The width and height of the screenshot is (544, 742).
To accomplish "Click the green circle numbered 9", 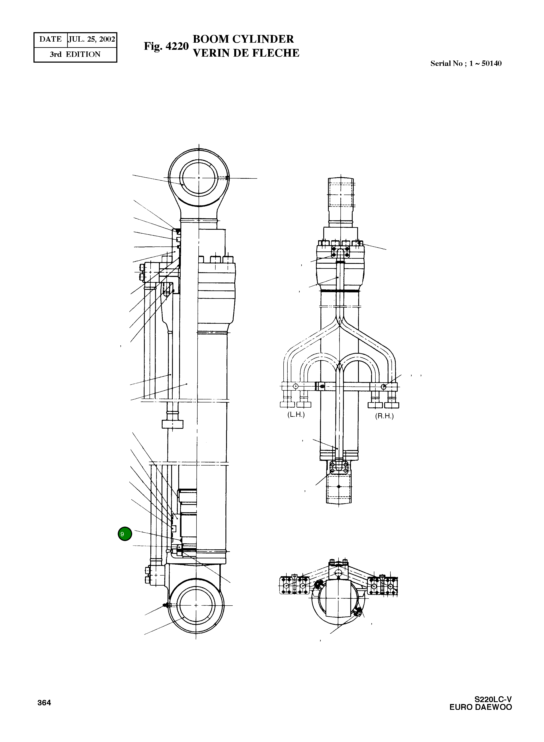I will (125, 534).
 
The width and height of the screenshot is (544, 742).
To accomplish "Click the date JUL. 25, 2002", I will (92, 39).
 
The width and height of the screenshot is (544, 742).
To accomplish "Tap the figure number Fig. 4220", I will (166, 46).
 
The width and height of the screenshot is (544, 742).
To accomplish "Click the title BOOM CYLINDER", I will (243, 39).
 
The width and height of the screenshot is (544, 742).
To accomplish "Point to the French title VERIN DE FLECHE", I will (246, 53).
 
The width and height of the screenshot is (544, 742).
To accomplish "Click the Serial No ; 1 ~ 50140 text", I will (466, 63).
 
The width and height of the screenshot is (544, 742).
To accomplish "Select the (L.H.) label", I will (296, 415).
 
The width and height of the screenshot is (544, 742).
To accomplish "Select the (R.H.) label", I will (384, 416).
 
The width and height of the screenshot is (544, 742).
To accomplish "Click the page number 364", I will (44, 703).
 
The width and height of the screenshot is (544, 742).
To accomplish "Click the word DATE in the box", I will (50, 39).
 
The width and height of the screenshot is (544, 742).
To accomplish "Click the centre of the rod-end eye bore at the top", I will (199, 178).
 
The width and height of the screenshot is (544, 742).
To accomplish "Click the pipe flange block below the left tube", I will (172, 424).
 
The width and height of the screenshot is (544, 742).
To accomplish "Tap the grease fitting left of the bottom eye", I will (166, 605).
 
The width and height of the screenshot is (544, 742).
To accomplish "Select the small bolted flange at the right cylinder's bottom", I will (339, 468).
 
